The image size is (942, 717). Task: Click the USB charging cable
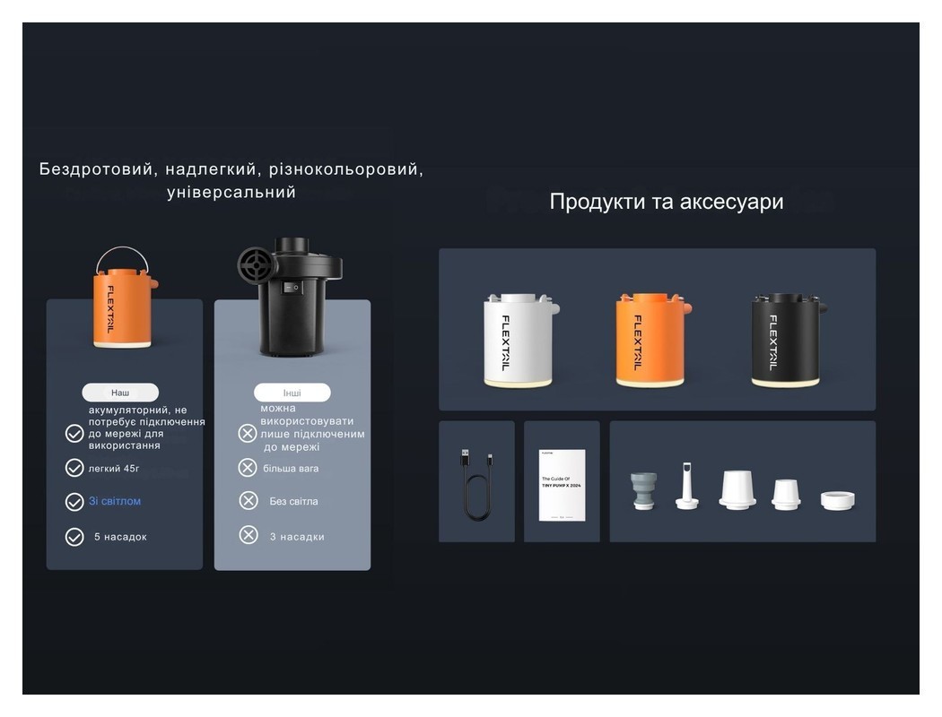coord(476,484)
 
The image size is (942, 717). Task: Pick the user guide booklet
coord(562,485)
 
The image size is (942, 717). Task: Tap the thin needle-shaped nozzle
coord(687,487)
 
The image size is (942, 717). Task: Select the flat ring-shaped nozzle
coord(837,499)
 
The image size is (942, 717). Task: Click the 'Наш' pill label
coord(120,393)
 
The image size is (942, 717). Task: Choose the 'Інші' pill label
coord(292,393)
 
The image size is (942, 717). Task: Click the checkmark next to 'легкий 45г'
coord(74,468)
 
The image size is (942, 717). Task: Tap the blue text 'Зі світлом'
coord(115,501)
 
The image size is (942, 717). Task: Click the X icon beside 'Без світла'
coord(249,501)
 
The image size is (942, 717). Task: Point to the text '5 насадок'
coord(120,537)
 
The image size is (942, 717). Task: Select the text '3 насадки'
coord(297,537)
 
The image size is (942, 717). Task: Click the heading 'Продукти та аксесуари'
coord(666,202)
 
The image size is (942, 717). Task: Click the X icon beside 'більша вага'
coord(248,468)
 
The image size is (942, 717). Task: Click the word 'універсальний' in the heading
coord(231,193)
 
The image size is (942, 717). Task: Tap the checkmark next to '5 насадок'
coord(74,537)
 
